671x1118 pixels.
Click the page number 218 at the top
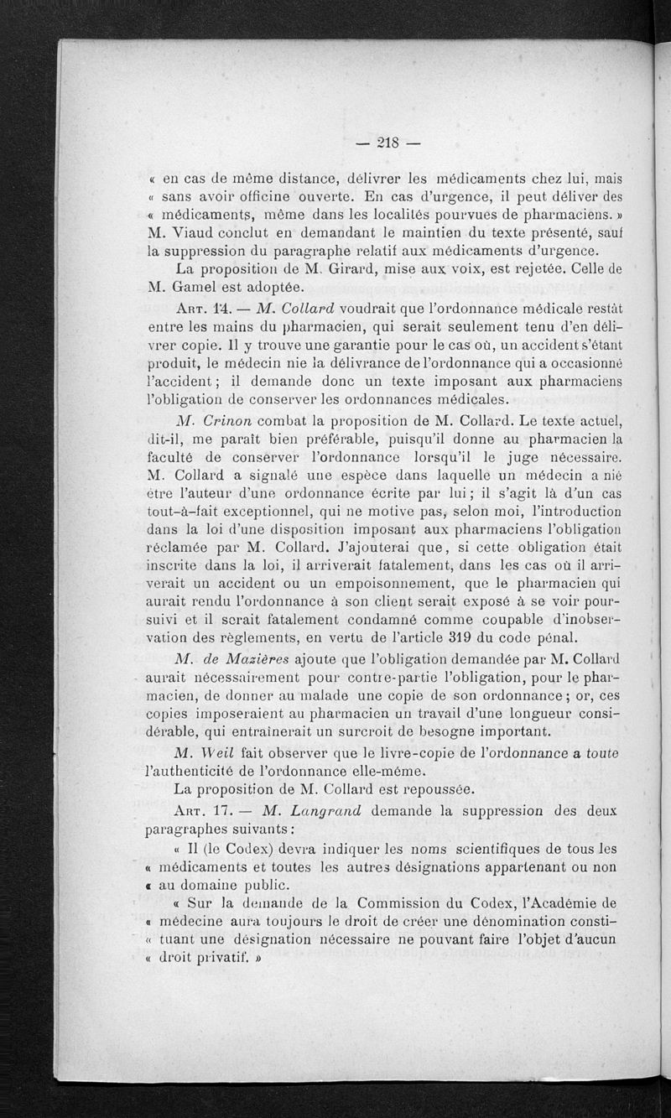387,143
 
